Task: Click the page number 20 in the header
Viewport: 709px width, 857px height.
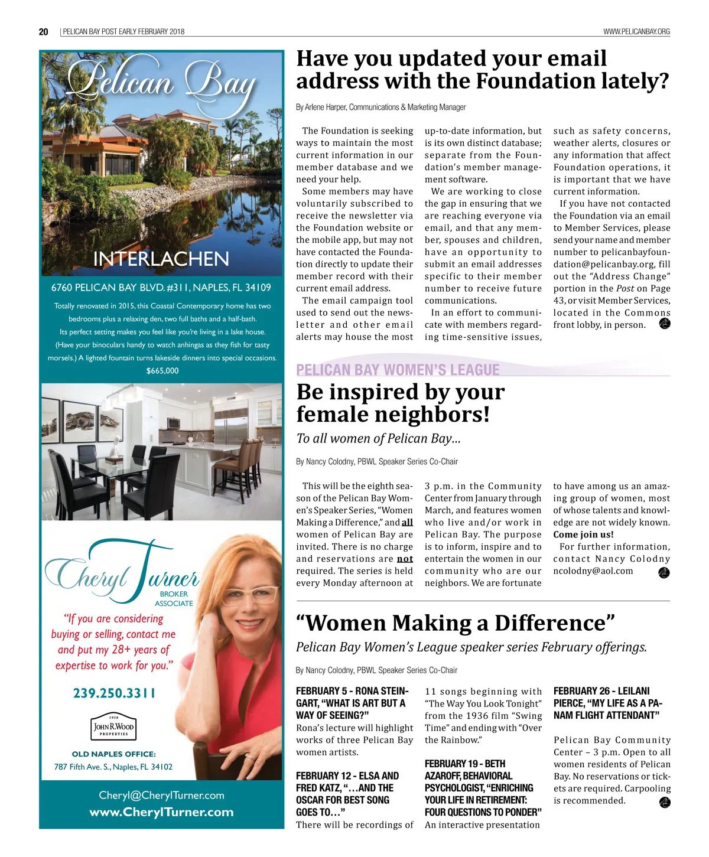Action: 44,32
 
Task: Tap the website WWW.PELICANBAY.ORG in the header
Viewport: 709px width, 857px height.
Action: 636,32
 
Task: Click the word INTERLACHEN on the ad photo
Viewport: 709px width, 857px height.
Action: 161,259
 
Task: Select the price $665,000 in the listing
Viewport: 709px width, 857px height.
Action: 162,371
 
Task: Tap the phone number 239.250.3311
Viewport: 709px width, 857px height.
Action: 115,693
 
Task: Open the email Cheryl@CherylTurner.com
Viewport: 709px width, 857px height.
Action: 161,795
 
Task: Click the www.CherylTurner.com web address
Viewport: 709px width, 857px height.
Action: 161,812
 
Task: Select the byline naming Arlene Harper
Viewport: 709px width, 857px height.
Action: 380,107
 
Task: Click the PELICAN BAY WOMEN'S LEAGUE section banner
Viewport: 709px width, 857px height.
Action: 398,370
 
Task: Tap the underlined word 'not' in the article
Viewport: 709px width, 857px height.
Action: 405,559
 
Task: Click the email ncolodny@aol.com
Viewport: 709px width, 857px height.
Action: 593,571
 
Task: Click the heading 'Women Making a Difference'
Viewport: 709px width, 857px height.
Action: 456,623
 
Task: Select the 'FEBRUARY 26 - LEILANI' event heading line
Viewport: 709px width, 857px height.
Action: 601,691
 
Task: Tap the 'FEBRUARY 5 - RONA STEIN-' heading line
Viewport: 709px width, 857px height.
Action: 352,691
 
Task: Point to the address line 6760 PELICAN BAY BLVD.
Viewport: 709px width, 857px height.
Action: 161,288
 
